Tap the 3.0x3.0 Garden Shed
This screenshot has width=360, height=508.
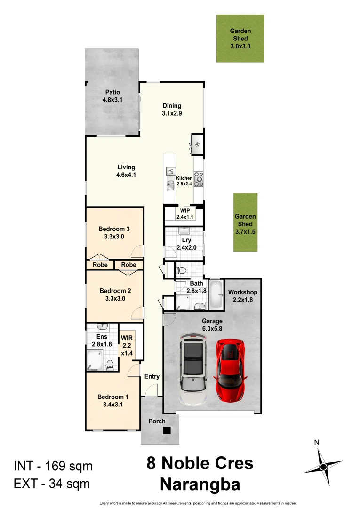tap(240, 38)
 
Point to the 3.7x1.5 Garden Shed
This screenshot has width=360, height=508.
tap(246, 222)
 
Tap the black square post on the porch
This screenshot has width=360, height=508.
tap(167, 430)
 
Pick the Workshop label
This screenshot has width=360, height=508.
tap(243, 292)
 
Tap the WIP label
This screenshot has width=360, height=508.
tap(184, 210)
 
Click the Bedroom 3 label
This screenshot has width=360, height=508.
tap(114, 229)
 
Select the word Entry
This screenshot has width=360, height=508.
tap(152, 376)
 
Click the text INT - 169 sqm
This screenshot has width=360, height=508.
tap(53, 466)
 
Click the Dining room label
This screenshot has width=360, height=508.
tap(172, 106)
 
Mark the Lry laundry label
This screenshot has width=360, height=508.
tap(184, 240)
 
